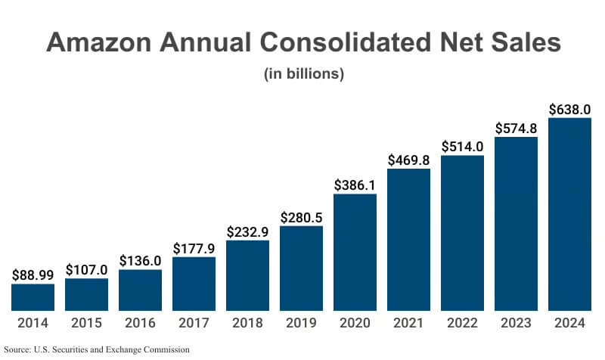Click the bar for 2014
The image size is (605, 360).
coord(33,297)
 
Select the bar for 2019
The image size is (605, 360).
coord(301,268)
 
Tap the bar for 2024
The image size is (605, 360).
coord(569,214)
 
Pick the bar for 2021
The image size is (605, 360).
coord(408,240)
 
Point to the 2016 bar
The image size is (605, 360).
coord(140,290)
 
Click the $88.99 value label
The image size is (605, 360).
coord(33,276)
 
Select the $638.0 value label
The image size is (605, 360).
coord(569,110)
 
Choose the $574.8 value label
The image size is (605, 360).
coord(516,129)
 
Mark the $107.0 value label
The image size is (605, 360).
coord(86,270)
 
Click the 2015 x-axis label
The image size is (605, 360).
coord(86,323)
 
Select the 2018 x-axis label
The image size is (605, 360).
coord(247,323)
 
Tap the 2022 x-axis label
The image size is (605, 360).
coord(462,323)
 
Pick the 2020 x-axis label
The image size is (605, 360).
coord(355,323)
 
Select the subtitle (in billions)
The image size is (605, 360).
coord(302,74)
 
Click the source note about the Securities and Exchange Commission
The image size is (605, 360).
coord(97,349)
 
